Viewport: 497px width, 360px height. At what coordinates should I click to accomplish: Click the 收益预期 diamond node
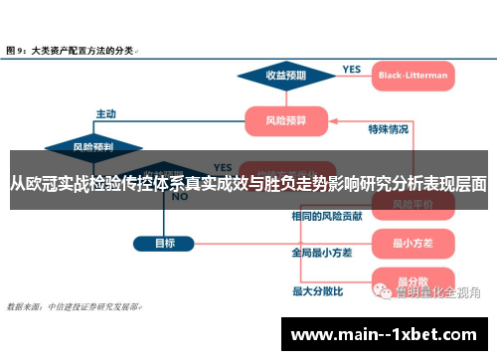(x=285, y=75)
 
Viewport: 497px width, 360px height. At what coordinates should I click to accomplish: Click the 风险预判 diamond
(x=92, y=146)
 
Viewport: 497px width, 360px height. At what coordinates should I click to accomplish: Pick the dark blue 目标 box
(x=166, y=243)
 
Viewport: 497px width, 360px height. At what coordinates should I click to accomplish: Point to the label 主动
(x=105, y=112)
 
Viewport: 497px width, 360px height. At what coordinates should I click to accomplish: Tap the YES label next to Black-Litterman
(x=351, y=69)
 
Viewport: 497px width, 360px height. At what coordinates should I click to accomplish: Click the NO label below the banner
(x=180, y=197)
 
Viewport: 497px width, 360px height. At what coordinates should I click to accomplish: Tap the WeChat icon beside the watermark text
(x=383, y=291)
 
